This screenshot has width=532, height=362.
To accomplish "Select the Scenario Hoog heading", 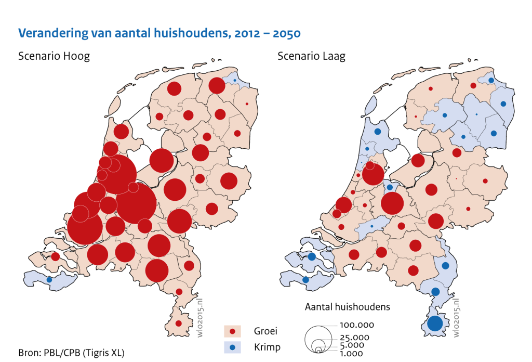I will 54,56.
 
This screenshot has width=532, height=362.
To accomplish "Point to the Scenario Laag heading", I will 312,56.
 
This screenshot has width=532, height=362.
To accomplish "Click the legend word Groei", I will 265,331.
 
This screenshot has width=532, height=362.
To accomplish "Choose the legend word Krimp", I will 266,346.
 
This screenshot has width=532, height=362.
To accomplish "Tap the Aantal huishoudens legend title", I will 347,307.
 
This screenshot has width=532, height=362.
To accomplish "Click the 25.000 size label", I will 354,338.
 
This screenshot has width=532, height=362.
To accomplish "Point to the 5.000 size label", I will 352,345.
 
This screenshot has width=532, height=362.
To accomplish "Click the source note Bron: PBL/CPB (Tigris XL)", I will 71,352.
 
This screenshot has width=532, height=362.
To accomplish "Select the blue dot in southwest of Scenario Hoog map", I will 49,280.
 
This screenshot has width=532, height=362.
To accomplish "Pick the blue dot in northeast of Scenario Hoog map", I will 234,80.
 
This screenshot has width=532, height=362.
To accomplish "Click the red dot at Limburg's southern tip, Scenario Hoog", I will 178,323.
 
